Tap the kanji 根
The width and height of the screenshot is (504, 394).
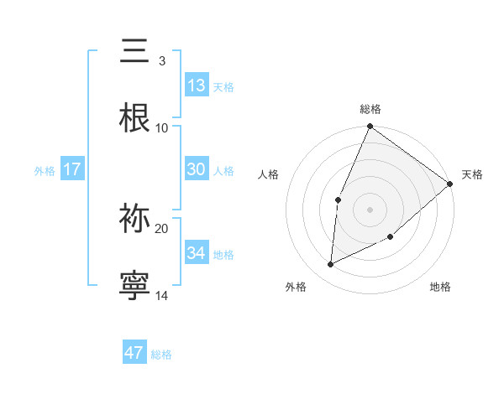[134, 118]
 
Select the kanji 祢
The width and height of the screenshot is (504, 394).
[134, 219]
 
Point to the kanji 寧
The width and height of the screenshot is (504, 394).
[134, 285]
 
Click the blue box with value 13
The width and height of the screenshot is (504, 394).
[197, 86]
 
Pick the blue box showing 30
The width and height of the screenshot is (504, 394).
[197, 169]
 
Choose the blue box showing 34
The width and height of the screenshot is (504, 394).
[197, 252]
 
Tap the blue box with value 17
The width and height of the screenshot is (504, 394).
[72, 169]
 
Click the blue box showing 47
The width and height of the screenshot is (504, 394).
[134, 353]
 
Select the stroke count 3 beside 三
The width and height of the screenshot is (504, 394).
[161, 61]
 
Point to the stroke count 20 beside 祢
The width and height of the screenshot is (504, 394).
[162, 228]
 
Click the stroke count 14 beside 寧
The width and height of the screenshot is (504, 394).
[162, 295]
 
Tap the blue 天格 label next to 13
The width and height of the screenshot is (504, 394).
[223, 87]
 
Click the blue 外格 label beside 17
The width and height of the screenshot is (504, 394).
[45, 170]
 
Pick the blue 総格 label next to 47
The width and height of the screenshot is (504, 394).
[161, 355]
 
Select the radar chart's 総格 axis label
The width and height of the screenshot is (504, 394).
[370, 109]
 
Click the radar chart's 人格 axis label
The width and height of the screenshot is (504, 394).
[269, 174]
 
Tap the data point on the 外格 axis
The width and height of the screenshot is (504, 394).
[331, 265]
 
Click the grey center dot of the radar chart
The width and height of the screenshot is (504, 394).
[370, 209]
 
